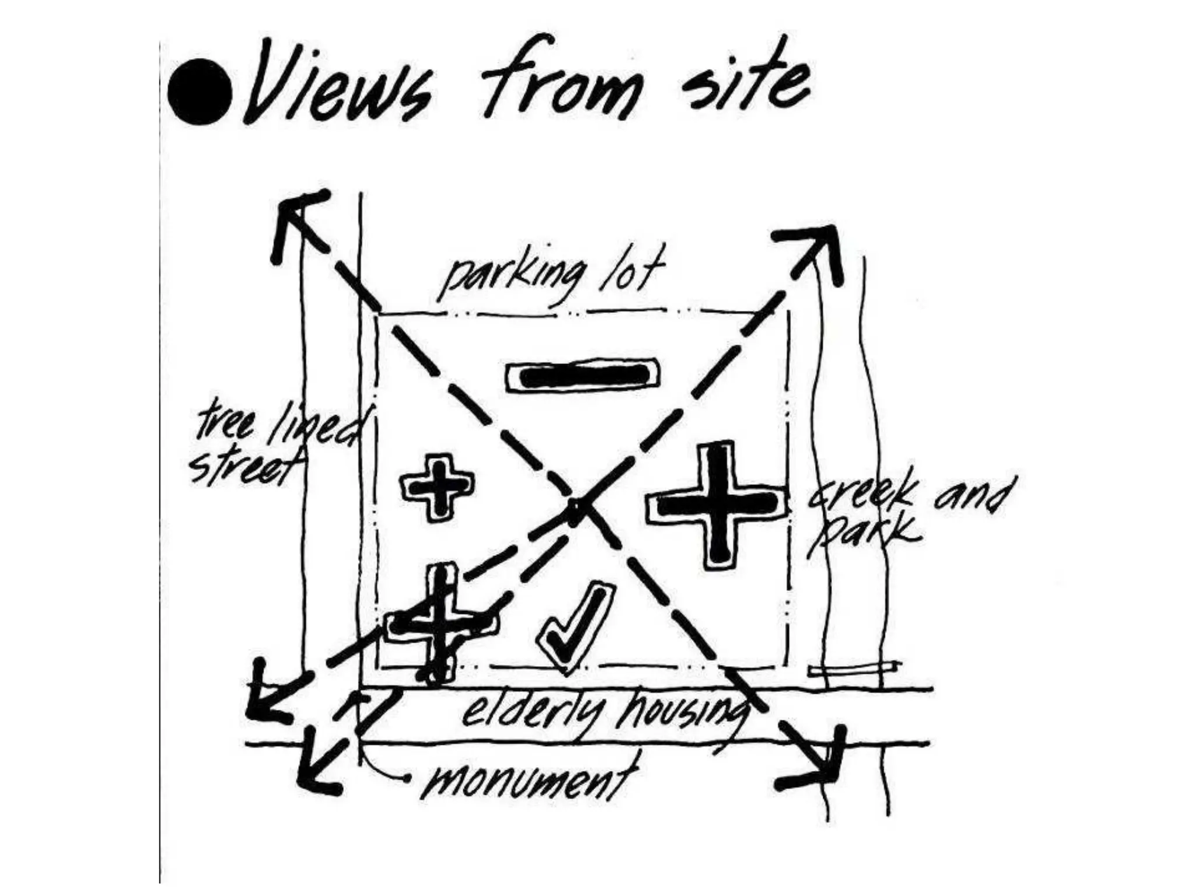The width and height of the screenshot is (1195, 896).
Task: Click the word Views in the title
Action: [338, 87]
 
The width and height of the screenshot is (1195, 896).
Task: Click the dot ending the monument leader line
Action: [407, 778]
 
